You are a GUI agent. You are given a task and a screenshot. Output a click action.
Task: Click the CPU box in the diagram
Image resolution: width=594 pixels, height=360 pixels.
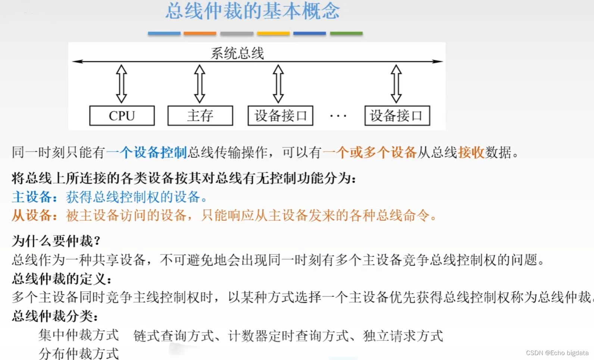pyautogui.click(x=122, y=116)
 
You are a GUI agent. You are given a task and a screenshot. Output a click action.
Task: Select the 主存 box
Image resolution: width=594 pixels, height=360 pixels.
pyautogui.click(x=200, y=116)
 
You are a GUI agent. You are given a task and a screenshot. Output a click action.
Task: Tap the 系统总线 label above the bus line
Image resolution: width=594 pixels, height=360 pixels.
pyautogui.click(x=237, y=53)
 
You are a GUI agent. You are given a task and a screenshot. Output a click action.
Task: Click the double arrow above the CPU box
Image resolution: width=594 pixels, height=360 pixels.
pyautogui.click(x=122, y=84)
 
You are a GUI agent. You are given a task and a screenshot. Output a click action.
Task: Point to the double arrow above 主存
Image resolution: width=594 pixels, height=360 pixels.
pyautogui.click(x=200, y=84)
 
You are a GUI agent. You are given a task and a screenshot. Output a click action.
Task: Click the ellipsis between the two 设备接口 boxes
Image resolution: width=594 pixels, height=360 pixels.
pyautogui.click(x=338, y=116)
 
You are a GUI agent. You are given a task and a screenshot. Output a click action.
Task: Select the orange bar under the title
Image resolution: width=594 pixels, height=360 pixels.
pyautogui.click(x=200, y=34)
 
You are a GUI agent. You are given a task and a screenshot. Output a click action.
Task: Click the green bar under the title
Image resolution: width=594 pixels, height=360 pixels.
pyautogui.click(x=346, y=34)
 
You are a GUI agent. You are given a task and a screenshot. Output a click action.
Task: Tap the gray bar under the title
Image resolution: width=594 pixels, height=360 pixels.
pyautogui.click(x=237, y=34)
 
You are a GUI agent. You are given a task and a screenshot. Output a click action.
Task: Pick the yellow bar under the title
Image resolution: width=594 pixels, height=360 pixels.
pyautogui.click(x=273, y=34)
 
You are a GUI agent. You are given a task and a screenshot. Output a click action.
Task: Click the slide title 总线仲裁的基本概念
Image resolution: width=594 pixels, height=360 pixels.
pyautogui.click(x=253, y=11)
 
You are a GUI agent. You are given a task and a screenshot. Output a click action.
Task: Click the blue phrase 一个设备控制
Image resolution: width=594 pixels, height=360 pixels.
pyautogui.click(x=147, y=152)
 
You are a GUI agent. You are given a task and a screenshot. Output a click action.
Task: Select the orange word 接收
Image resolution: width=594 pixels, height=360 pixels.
pyautogui.click(x=471, y=152)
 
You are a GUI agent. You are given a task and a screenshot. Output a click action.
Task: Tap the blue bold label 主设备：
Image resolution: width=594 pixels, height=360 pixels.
pyautogui.click(x=35, y=197)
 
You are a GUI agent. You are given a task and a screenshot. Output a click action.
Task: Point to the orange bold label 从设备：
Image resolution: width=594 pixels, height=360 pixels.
pyautogui.click(x=35, y=215)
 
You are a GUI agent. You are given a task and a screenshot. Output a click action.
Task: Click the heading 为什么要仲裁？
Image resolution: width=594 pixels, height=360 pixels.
pyautogui.click(x=56, y=241)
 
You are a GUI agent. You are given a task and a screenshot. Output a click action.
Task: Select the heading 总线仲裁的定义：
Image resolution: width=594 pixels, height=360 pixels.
pyautogui.click(x=62, y=279)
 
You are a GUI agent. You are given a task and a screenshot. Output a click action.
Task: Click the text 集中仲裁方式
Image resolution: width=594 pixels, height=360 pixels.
pyautogui.click(x=79, y=335)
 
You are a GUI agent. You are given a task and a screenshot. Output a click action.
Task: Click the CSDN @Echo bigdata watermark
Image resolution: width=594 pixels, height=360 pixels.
pyautogui.click(x=557, y=353)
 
